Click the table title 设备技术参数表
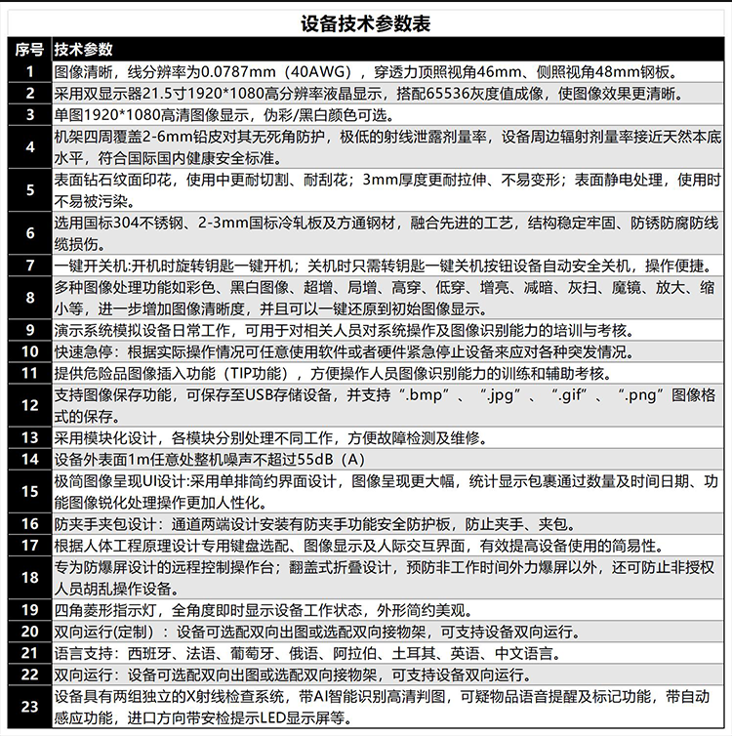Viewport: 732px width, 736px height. point(366,22)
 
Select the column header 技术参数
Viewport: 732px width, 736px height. point(83,50)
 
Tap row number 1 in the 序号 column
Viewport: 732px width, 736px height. point(29,71)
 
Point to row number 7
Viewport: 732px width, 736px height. point(29,266)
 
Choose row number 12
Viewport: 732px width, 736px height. point(29,405)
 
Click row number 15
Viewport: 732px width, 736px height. point(29,490)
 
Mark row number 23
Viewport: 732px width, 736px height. point(29,707)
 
